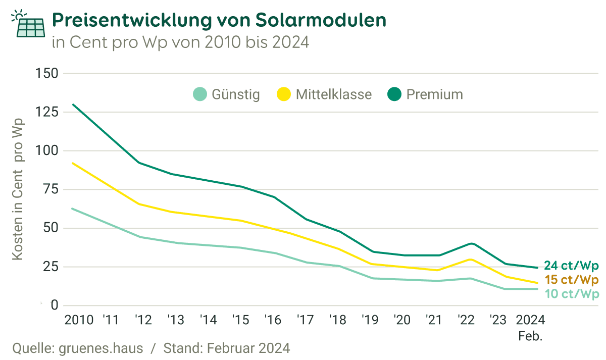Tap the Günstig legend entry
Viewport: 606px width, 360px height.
pyautogui.click(x=236, y=94)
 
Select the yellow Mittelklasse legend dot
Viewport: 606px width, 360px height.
pyautogui.click(x=284, y=94)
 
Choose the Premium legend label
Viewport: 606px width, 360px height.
pyautogui.click(x=434, y=94)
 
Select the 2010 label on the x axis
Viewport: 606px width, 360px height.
pyautogui.click(x=79, y=320)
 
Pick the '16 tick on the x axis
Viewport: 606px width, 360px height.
pyautogui.click(x=273, y=320)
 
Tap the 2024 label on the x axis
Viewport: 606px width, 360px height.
pyautogui.click(x=530, y=320)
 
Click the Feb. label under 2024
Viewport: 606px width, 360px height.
pyautogui.click(x=530, y=336)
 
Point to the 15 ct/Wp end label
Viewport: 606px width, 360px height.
pyautogui.click(x=572, y=280)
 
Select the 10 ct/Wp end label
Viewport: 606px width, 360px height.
pyautogui.click(x=572, y=294)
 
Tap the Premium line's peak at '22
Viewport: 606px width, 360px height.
pyautogui.click(x=471, y=243)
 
